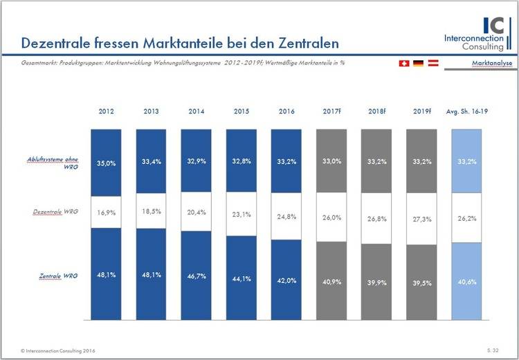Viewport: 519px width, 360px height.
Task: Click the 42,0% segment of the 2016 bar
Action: (287, 280)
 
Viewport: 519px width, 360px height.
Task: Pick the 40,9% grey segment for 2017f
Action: (332, 280)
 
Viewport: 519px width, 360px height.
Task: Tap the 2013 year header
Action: (152, 111)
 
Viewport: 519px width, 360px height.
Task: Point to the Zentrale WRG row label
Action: (58, 276)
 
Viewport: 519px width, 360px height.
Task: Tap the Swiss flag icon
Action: (404, 63)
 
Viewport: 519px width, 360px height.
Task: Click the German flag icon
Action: (418, 63)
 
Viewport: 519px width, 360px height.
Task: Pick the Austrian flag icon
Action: (432, 63)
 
